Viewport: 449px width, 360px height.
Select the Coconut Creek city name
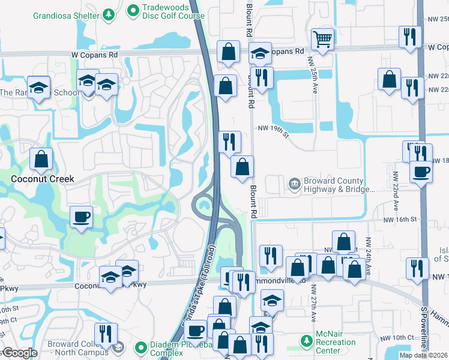[x=42, y=179]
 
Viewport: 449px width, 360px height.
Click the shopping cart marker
[x=323, y=40]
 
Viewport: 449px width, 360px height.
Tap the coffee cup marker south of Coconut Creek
[x=82, y=217]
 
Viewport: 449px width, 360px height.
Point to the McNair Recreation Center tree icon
[x=306, y=341]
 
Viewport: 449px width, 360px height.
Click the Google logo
[x=19, y=353]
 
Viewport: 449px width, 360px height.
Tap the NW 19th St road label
[x=273, y=129]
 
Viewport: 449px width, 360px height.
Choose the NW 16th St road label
[x=400, y=220]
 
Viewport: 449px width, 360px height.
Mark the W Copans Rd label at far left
[x=20, y=54]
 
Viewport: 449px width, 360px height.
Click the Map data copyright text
[x=423, y=355]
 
